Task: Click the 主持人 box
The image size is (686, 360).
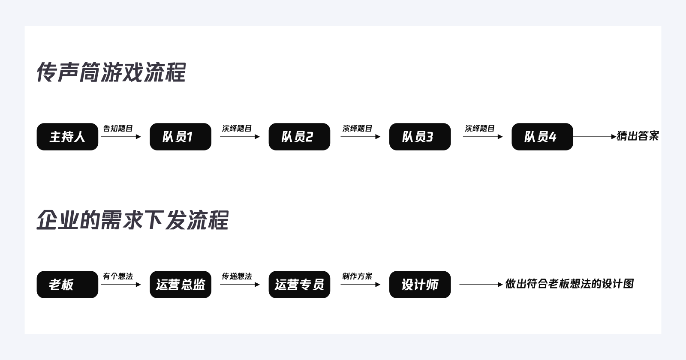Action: pyautogui.click(x=67, y=137)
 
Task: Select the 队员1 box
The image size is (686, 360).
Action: pyautogui.click(x=180, y=137)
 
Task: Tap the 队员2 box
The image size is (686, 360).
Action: pyautogui.click(x=299, y=137)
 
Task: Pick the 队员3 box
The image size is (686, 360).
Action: pyautogui.click(x=420, y=137)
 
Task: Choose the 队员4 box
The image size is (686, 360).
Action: pyautogui.click(x=542, y=137)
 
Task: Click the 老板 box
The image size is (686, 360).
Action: pyautogui.click(x=67, y=285)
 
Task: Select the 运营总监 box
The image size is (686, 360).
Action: pyautogui.click(x=180, y=285)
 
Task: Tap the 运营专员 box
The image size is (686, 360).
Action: pyautogui.click(x=299, y=285)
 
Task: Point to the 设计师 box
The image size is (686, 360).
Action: pyautogui.click(x=420, y=285)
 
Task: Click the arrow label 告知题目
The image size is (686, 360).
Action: pyautogui.click(x=118, y=128)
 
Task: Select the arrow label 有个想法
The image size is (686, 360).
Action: pyautogui.click(x=118, y=276)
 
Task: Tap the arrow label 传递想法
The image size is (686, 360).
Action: pyautogui.click(x=237, y=276)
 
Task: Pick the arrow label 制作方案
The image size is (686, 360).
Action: pyautogui.click(x=357, y=276)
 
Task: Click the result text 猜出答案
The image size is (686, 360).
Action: pyautogui.click(x=638, y=136)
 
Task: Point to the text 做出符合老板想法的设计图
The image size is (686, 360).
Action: pyautogui.click(x=569, y=284)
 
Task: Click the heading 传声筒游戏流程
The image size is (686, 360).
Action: pyautogui.click(x=111, y=72)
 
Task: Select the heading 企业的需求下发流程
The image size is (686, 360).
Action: pyautogui.click(x=132, y=220)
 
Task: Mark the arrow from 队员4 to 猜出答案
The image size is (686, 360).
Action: pyautogui.click(x=594, y=137)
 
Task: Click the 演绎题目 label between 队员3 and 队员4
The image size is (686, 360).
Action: pyautogui.click(x=480, y=128)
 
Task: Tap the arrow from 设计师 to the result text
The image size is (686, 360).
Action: pyautogui.click(x=481, y=284)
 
